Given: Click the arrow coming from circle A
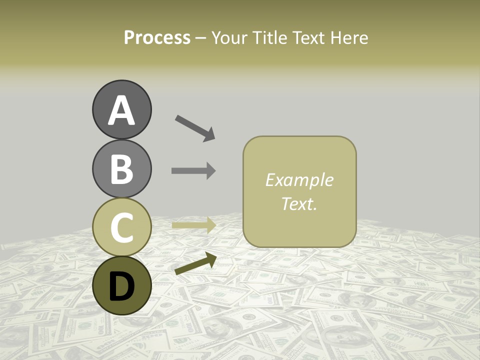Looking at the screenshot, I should click(195, 128).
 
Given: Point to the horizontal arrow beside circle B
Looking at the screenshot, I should click(193, 170).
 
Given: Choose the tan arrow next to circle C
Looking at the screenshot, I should click(193, 225).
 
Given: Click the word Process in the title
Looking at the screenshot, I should click(157, 37).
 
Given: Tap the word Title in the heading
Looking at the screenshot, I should click(268, 37).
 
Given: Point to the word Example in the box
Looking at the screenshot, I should click(299, 180).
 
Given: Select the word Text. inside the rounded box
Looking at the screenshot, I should click(299, 203).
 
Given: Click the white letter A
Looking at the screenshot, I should click(121, 111).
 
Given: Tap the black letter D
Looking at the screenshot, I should click(121, 286).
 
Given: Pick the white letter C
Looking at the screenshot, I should click(121, 227).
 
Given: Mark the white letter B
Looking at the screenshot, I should click(121, 169).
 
